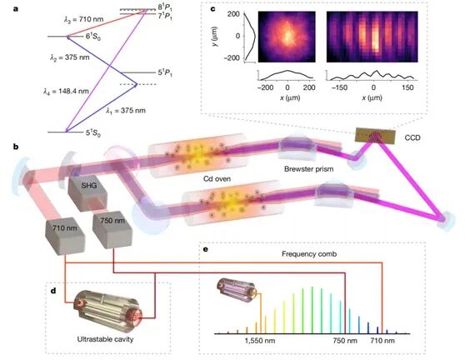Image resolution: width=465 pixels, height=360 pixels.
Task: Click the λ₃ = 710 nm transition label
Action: point(84,19)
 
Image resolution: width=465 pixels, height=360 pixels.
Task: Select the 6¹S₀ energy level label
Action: point(93,37)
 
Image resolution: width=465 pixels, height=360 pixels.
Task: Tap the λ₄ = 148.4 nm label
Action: point(66,91)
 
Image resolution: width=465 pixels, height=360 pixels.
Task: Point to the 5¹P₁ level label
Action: point(165,72)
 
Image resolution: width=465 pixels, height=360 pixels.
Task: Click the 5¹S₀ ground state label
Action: point(93,133)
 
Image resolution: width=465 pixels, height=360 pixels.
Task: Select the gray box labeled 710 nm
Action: point(65,236)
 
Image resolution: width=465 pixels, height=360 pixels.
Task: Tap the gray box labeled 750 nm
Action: point(112,230)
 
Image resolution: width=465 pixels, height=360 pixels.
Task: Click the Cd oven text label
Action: point(217,179)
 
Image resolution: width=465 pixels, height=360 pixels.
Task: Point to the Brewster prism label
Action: point(308,169)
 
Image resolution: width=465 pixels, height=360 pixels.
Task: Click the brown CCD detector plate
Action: point(376,136)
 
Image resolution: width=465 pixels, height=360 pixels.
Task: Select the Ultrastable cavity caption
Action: point(105,339)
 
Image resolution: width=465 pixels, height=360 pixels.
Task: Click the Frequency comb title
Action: point(309,254)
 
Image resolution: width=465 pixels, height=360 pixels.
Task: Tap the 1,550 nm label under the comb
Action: point(260,341)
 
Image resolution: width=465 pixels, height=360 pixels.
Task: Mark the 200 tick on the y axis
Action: point(233,14)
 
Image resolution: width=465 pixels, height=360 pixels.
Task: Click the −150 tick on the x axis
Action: point(339,87)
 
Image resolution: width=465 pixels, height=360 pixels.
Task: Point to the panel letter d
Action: point(53,290)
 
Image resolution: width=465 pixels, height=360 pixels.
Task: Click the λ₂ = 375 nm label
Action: point(70,57)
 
